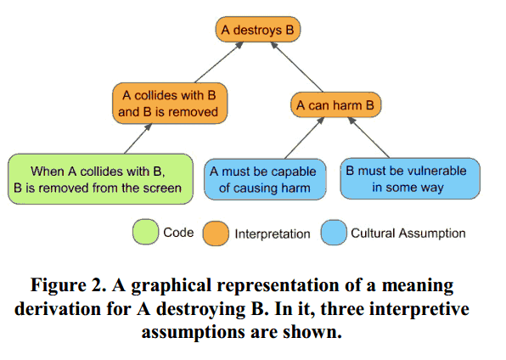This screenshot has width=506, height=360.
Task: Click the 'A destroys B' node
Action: tap(258, 30)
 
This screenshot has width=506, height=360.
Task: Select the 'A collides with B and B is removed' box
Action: tap(170, 104)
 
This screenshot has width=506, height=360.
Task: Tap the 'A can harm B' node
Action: tap(335, 105)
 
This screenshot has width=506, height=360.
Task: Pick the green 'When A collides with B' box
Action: tap(100, 179)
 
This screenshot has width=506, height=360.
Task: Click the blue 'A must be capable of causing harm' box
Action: tap(265, 179)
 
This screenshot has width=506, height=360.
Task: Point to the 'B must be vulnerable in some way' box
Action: tap(410, 178)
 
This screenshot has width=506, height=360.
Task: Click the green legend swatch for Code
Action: tap(145, 232)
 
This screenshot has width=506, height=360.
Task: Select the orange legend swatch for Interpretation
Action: tap(216, 233)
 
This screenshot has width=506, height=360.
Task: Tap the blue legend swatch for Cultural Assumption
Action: tap(334, 233)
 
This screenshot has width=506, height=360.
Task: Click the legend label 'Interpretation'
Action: tap(273, 233)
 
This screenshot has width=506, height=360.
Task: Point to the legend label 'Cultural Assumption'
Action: tap(408, 233)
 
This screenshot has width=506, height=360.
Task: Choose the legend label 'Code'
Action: tap(178, 232)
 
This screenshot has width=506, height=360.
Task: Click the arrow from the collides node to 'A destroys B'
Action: tap(219, 62)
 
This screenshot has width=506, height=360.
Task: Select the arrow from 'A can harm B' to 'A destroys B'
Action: tap(296, 67)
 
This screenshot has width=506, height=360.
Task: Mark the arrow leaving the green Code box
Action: tap(138, 139)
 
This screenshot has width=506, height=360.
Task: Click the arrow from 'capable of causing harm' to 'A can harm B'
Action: tap(304, 138)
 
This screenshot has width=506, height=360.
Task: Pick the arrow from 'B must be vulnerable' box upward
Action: tap(368, 138)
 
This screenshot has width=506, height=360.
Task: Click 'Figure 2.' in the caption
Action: tap(69, 285)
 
